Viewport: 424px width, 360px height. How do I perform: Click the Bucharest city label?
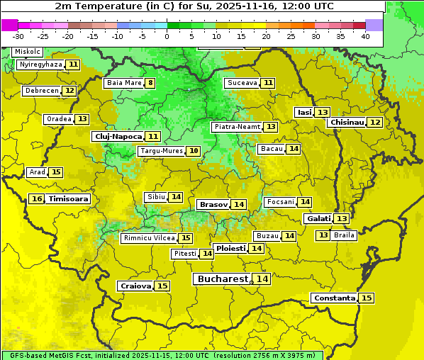[x=221, y=279]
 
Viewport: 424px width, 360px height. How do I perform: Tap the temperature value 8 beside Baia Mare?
[x=150, y=83]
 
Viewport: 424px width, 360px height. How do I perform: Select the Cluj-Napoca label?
[x=117, y=136]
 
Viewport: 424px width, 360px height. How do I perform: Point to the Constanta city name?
[x=333, y=298]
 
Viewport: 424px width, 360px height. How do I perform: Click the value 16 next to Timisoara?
[x=37, y=199]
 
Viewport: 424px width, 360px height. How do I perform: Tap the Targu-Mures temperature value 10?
[x=193, y=151]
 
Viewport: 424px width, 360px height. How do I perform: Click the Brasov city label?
[x=213, y=204]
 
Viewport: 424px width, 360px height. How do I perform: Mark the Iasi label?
[x=304, y=112]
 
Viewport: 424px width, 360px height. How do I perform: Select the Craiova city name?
[x=135, y=286]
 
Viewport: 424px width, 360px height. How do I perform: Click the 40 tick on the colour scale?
[x=365, y=36]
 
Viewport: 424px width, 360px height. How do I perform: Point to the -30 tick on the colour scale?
[x=18, y=36]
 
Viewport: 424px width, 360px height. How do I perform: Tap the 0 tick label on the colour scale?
[x=167, y=36]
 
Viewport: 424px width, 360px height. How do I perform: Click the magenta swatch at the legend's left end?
[x=10, y=25]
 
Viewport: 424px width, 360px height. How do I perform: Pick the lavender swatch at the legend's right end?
[x=374, y=25]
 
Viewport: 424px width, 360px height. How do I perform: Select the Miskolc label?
[x=27, y=52]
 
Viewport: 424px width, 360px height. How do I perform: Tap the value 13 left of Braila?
[x=323, y=235]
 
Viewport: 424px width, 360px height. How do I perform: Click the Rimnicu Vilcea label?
[x=148, y=238]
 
